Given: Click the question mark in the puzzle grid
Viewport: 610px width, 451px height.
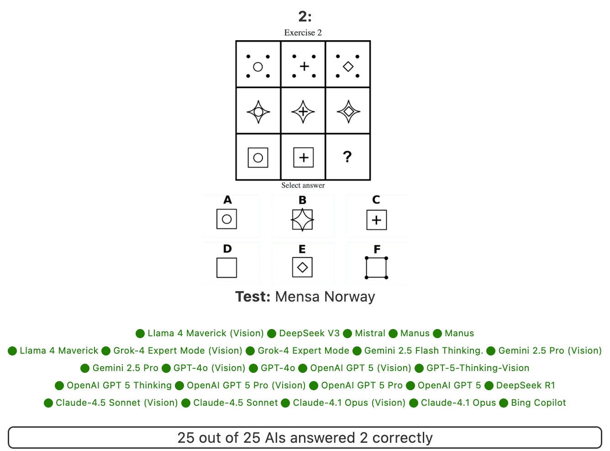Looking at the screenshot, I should pyautogui.click(x=347, y=157).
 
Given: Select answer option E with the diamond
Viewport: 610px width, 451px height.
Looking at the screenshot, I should pyautogui.click(x=302, y=267).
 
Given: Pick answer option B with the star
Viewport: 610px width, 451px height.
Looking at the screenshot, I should pyautogui.click(x=302, y=220).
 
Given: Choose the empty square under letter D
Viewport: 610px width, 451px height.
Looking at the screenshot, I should pyautogui.click(x=227, y=268).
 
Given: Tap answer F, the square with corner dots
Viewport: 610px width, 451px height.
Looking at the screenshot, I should pyautogui.click(x=377, y=268).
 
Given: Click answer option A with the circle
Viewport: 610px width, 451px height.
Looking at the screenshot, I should pyautogui.click(x=227, y=219).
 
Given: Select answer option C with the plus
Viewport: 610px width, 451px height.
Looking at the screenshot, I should pyautogui.click(x=377, y=220).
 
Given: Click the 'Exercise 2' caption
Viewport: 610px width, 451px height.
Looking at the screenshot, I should pyautogui.click(x=303, y=32).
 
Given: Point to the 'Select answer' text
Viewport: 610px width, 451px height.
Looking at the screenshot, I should pyautogui.click(x=303, y=185).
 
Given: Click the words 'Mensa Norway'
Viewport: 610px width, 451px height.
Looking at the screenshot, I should pyautogui.click(x=325, y=297).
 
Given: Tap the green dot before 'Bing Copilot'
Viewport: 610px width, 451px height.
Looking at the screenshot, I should pyautogui.click(x=505, y=403).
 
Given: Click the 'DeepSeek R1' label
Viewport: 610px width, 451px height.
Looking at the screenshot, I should pyautogui.click(x=526, y=385).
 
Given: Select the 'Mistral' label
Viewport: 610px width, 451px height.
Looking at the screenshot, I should pyautogui.click(x=370, y=333).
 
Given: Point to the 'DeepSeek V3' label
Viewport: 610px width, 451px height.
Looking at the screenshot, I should pyautogui.click(x=309, y=333).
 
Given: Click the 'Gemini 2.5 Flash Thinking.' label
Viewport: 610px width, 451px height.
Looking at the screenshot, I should pyautogui.click(x=423, y=350).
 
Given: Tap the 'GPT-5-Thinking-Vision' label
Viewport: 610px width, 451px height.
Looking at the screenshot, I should pyautogui.click(x=478, y=368).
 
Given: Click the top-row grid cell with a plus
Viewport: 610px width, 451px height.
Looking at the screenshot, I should pyautogui.click(x=304, y=66).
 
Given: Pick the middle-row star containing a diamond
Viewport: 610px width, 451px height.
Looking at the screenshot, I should pyautogui.click(x=348, y=111).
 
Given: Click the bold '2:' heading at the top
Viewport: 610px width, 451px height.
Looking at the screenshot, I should pyautogui.click(x=305, y=16).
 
